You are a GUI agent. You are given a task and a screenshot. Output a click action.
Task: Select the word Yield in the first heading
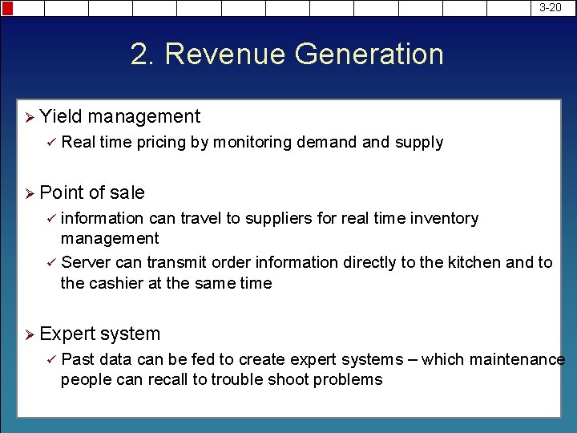pyautogui.click(x=60, y=116)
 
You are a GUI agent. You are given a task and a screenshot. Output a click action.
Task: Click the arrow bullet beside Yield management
pyautogui.click(x=29, y=117)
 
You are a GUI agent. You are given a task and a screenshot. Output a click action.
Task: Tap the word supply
pyautogui.click(x=418, y=143)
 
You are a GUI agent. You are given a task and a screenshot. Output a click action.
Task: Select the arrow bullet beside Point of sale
pyautogui.click(x=29, y=193)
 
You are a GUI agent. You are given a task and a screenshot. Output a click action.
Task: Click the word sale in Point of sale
pyautogui.click(x=127, y=192)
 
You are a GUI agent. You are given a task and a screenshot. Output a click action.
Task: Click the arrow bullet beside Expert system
pyautogui.click(x=29, y=334)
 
